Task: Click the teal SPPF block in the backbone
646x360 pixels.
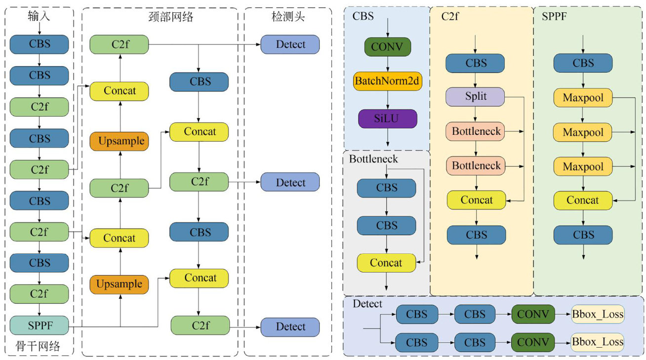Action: coord(39,325)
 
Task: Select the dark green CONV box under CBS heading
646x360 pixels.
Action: coord(388,47)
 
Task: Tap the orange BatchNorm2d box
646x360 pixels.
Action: coord(388,80)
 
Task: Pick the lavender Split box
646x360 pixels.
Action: coord(475,96)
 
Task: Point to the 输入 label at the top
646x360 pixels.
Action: coord(39,17)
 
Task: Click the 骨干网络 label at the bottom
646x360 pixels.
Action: coord(39,347)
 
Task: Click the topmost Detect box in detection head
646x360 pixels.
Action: coord(290,44)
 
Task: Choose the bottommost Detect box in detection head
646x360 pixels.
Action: coord(290,327)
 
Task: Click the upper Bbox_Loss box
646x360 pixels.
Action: coord(598,314)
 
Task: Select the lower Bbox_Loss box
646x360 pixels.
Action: coord(598,342)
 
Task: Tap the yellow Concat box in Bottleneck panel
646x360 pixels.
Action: coord(386,263)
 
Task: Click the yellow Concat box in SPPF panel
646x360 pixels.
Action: coord(583,200)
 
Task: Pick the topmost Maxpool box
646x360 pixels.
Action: coord(583,98)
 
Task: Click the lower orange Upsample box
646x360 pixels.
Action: coord(120,284)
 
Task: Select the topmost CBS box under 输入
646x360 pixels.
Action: coord(39,44)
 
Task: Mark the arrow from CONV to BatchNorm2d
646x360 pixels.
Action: coord(388,64)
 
